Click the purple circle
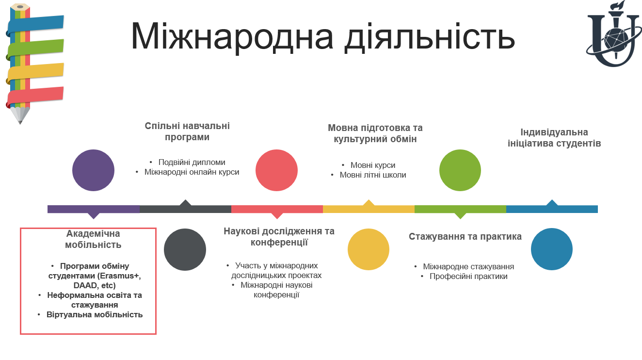coord(93,170)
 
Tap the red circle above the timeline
coord(276,170)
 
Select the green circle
coord(460,170)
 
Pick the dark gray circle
coord(185,249)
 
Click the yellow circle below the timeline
coord(369,249)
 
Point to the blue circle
coord(552,249)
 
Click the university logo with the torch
coord(613,34)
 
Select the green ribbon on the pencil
coord(35,49)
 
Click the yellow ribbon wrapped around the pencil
coord(35,72)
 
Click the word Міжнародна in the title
coord(232,37)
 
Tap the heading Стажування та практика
coord(465,236)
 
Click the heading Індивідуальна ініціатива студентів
coord(554,138)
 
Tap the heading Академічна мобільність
coord(93,239)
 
